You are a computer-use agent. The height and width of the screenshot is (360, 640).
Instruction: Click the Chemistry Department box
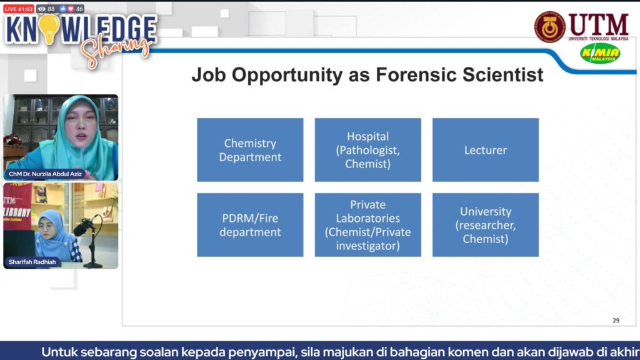point(250,150)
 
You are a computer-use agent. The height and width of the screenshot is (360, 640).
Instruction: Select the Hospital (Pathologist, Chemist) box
point(367,150)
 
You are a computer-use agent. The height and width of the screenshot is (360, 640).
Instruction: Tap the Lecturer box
point(485,150)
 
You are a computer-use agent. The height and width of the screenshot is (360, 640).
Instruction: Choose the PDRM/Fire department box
point(250,225)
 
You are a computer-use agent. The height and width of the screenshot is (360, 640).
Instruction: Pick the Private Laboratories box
point(367,225)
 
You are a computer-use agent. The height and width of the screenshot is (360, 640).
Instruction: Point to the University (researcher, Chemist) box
point(485,225)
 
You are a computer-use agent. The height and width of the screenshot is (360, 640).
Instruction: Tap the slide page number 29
point(616,321)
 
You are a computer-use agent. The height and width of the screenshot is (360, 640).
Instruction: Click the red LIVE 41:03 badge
point(19,9)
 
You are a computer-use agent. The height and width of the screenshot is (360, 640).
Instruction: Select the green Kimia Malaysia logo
point(600,54)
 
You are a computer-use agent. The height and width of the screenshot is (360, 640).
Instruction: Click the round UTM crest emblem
point(550,27)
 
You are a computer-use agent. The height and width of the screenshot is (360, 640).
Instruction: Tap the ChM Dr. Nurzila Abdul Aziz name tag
point(45,174)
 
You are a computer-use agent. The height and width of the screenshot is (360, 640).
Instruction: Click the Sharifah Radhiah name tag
point(32,262)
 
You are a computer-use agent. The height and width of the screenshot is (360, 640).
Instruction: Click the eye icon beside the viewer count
point(42,9)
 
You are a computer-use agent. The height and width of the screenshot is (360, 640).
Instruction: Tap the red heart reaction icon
point(71,9)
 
